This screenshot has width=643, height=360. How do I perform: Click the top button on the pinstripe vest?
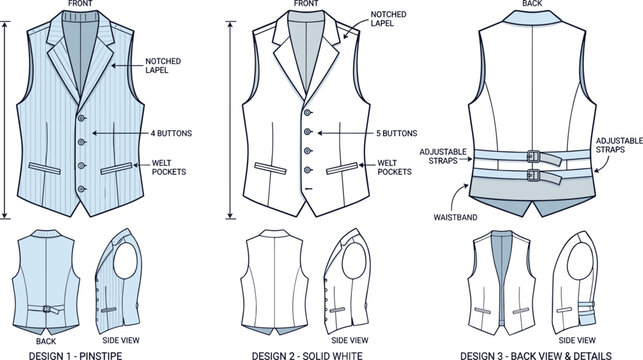pyautogui.click(x=83, y=117)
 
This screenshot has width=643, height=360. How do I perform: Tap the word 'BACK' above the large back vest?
pyautogui.click(x=530, y=6)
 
